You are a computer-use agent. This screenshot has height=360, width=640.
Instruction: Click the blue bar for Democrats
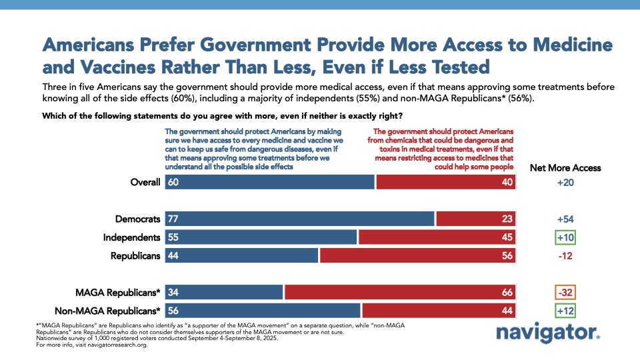(300, 219)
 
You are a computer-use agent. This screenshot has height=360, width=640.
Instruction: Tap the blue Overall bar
(269, 183)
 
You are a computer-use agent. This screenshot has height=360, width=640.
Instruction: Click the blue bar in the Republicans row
(241, 255)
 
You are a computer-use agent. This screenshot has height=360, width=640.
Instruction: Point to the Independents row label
(132, 237)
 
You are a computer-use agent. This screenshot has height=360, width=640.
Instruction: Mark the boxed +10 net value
(565, 237)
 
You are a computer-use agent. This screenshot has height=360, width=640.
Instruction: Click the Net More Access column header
(565, 167)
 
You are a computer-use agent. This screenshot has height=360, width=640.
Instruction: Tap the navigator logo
(548, 334)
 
